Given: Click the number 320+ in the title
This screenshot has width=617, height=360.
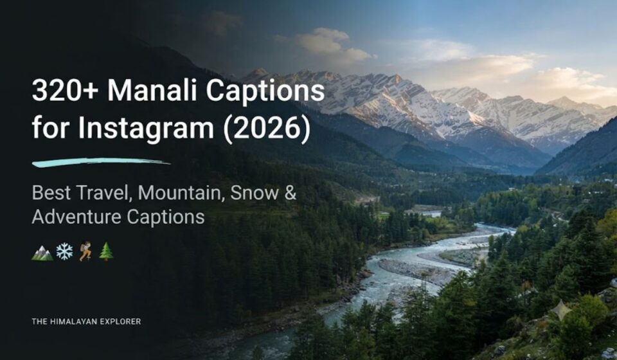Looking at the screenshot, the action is pos(65,91).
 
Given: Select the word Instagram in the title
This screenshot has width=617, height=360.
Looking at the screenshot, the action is pos(146,129).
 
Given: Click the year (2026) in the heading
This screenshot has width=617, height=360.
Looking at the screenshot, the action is pos(267,129).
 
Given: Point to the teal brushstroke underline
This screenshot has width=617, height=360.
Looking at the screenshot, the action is pos(101,162).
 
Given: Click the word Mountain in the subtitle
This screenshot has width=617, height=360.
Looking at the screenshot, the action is pos(181,193).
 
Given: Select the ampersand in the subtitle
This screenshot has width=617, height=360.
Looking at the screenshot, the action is pos(290,193).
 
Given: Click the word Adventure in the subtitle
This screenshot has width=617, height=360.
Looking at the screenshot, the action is pos(76,217).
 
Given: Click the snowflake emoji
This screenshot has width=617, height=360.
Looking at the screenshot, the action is pos(64,251).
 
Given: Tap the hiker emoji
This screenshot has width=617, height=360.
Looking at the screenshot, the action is pos(85,251).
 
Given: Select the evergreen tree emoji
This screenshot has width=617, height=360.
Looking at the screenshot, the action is pos(106,251).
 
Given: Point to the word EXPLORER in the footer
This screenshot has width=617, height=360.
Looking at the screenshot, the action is pos(120,321).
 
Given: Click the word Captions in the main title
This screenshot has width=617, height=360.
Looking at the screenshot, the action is pos(265,92).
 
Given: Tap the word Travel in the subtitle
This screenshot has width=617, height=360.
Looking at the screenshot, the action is pos(103,193).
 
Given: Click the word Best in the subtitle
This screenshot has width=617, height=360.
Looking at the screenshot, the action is pos(51,193).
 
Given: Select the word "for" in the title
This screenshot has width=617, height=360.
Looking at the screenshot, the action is pos(51,129).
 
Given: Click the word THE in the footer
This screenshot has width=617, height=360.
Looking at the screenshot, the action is pos(40,321).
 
